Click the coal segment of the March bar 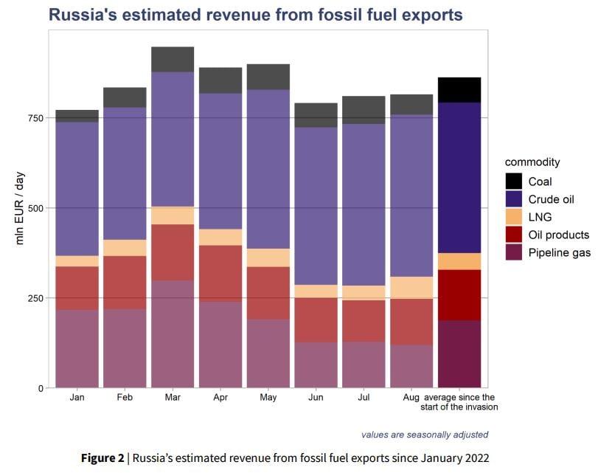(x=173, y=59)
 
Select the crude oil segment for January (x=77, y=189)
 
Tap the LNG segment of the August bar (x=411, y=287)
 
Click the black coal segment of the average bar (x=459, y=89)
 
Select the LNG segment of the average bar (x=459, y=261)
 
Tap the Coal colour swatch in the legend (x=514, y=182)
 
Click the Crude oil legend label (x=552, y=199)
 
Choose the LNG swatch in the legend (x=514, y=217)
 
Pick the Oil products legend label (x=559, y=235)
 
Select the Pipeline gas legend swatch (x=514, y=253)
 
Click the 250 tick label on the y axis (x=35, y=297)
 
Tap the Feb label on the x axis (x=125, y=398)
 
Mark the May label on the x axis (x=268, y=398)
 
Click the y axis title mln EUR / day (x=20, y=209)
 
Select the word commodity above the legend (x=532, y=162)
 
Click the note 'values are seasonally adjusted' (x=424, y=435)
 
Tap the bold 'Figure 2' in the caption (x=102, y=458)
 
